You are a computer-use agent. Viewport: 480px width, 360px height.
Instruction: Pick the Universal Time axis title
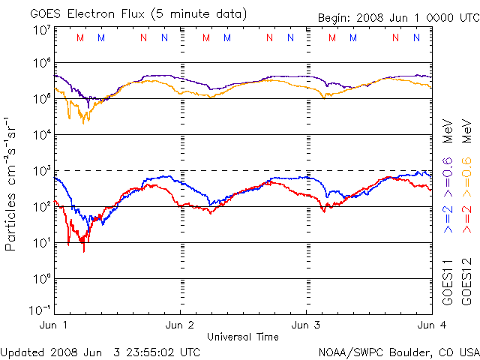coord(243,337)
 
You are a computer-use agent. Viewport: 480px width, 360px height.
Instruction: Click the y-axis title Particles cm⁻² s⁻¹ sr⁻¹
coord(13,183)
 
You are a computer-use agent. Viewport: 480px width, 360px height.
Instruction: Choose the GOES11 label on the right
coord(448,282)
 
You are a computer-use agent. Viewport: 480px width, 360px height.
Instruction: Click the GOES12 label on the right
coord(464,282)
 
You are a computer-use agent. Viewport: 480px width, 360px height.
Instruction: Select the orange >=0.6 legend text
coord(464,171)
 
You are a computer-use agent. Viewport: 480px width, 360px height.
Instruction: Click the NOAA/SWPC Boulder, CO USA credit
coord(398,351)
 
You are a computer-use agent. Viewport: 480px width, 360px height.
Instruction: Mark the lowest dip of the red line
coord(84,250)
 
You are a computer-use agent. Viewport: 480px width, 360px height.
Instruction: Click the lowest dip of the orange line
coord(84,122)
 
